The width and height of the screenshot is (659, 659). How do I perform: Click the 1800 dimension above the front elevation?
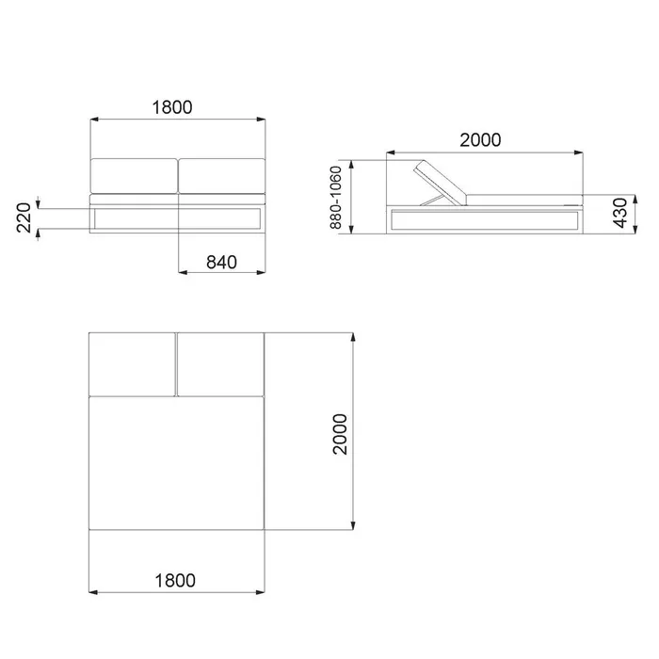[x=172, y=107]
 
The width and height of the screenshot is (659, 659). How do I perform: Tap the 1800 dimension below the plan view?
[x=175, y=581]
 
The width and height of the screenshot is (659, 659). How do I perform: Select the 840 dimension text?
[x=221, y=263]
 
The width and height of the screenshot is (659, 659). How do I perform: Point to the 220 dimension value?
[x=24, y=217]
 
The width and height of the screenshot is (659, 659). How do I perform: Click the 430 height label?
[x=620, y=213]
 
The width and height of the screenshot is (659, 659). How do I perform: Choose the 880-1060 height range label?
[x=335, y=198]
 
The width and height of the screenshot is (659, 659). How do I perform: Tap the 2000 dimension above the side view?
[x=480, y=140]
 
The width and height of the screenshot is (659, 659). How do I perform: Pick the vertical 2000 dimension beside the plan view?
[x=340, y=434]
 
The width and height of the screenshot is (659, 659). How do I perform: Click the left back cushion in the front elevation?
[x=134, y=176]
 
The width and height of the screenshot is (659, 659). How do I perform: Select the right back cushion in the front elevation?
[x=222, y=176]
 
